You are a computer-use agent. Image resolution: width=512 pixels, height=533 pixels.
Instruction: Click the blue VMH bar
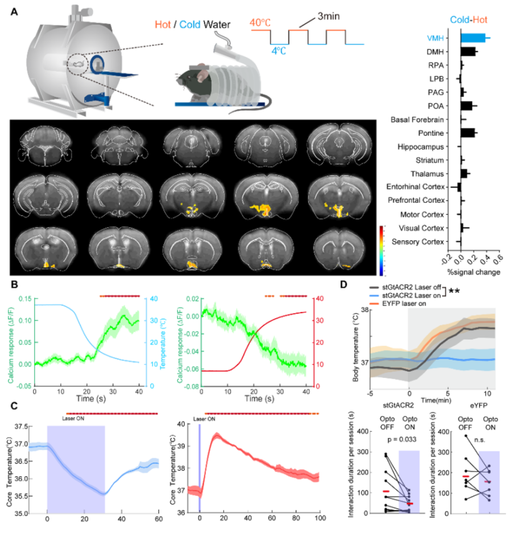pyautogui.click(x=473, y=38)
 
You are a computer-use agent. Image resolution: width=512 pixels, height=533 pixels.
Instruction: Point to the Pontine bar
pyautogui.click(x=468, y=133)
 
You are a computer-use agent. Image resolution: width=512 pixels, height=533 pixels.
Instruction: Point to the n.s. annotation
pyautogui.click(x=481, y=439)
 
